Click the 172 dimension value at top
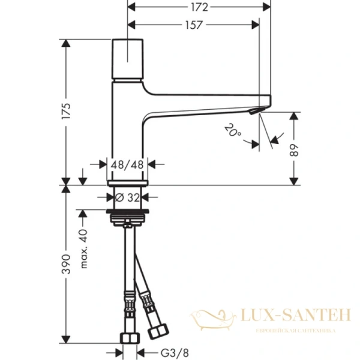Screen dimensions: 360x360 coord(199,7)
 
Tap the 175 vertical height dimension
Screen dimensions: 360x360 coord(67,111)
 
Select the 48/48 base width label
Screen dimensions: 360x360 coord(127,163)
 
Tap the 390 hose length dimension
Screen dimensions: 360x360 coord(67,263)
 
